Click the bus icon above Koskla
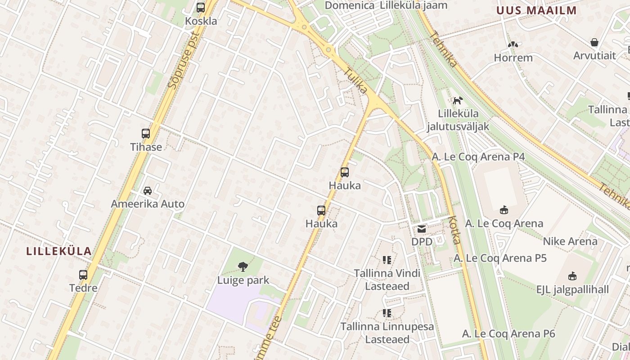(201, 8)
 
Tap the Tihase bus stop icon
(146, 134)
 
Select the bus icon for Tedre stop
(83, 275)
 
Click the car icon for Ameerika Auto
(148, 191)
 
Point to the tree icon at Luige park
(243, 267)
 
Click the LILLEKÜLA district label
(59, 251)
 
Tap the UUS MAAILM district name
(536, 10)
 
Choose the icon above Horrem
(513, 45)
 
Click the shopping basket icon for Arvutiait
(594, 43)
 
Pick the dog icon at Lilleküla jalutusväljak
(458, 100)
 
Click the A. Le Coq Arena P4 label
(478, 157)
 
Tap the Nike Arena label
(570, 241)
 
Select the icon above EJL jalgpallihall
(572, 276)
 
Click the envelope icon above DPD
(422, 229)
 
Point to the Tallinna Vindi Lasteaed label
(387, 279)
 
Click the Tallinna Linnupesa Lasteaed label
(387, 333)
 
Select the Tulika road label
(356, 81)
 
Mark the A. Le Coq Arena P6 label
(508, 333)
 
